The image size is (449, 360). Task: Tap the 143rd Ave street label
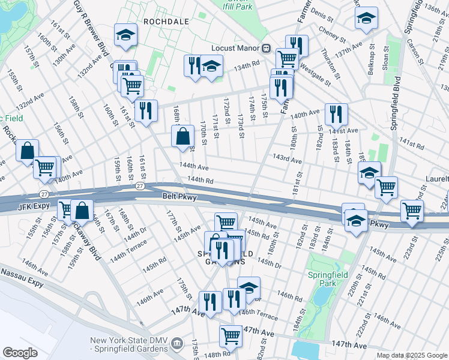287,159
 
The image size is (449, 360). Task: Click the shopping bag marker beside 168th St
182,136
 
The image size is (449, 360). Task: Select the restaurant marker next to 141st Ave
336,113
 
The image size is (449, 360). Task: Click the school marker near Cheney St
366,18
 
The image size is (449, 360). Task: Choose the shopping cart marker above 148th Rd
231,336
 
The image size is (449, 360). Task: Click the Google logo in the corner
20,353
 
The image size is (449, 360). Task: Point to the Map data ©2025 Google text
411,355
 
